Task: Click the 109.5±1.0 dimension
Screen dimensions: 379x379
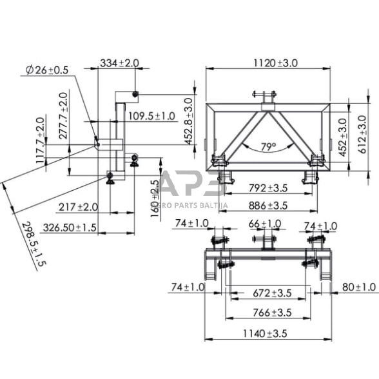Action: tap(151, 116)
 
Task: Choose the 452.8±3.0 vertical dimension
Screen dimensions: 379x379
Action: tap(188, 120)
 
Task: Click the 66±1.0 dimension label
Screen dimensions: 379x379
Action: tap(265, 223)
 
